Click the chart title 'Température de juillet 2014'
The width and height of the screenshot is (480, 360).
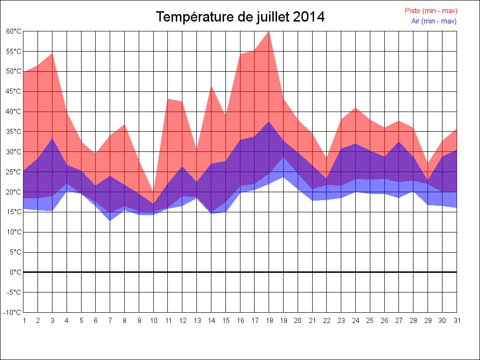[x=240, y=17]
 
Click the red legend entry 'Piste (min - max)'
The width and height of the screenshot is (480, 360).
[x=431, y=11]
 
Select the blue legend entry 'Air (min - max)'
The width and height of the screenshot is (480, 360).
[x=434, y=21]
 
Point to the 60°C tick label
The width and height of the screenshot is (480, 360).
[x=14, y=31]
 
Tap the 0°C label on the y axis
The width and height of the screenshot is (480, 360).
[x=16, y=272]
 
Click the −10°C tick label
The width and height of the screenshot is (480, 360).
[x=13, y=313]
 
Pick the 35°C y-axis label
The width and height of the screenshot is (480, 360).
[x=14, y=132]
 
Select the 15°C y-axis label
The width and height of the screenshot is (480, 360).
[x=14, y=212]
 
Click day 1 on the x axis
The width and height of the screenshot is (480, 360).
[x=23, y=321]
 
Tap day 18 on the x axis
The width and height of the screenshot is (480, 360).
[x=269, y=321]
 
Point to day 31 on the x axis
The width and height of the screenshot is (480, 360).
[x=457, y=321]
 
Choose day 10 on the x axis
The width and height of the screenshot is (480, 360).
[x=153, y=321]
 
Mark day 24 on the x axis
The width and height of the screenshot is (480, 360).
[x=355, y=321]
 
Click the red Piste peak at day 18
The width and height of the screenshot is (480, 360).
[x=269, y=32]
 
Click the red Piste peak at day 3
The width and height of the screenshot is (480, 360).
[x=52, y=53]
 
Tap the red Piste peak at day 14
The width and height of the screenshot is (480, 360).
[x=211, y=86]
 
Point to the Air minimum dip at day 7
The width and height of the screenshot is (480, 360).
[x=110, y=220]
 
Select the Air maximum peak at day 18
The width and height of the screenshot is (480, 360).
[x=269, y=122]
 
